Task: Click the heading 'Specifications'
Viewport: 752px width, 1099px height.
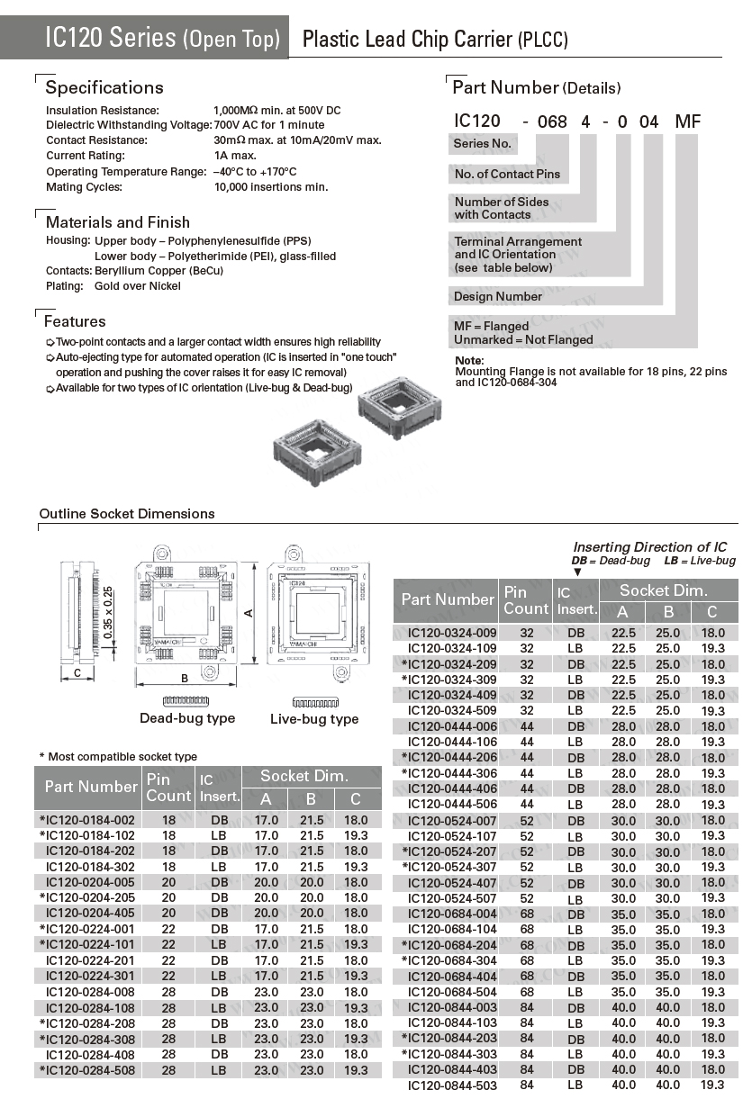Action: [x=104, y=87]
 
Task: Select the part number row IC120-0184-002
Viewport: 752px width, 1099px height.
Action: [x=87, y=820]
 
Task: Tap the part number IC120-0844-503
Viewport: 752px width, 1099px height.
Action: [x=452, y=1085]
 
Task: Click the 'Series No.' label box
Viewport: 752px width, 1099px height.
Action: [x=483, y=144]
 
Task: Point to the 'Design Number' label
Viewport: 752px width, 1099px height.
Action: [x=498, y=296]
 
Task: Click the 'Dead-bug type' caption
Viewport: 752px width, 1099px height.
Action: [x=187, y=718]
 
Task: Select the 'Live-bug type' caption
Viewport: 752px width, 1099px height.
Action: [x=314, y=719]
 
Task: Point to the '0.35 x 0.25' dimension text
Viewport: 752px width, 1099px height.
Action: [x=108, y=613]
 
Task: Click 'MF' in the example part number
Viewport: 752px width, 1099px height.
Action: [x=687, y=122]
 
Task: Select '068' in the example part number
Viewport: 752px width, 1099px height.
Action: [x=552, y=122]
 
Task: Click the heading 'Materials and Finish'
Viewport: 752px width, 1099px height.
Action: [x=118, y=222]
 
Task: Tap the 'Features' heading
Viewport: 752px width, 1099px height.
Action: [x=75, y=321]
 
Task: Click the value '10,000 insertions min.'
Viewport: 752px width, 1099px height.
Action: [x=271, y=187]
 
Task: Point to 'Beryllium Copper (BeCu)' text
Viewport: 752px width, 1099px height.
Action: [x=159, y=271]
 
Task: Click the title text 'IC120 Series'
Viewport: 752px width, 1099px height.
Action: [x=111, y=38]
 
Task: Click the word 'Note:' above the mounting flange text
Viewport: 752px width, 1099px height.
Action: [x=470, y=361]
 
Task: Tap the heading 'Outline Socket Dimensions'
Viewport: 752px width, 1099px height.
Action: [x=127, y=514]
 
